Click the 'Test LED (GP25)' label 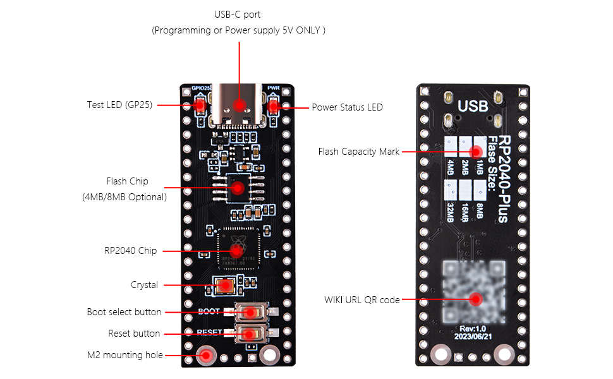(x=119, y=105)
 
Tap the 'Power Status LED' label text (x=347, y=107)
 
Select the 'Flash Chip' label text (x=127, y=181)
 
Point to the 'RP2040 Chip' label (x=130, y=251)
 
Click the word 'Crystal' (x=144, y=285)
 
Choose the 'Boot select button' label (x=124, y=312)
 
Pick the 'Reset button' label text (x=134, y=334)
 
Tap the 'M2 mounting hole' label (x=124, y=355)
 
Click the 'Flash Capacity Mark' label (x=358, y=152)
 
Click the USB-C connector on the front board (x=239, y=105)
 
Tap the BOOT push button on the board (x=251, y=312)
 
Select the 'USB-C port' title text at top (x=238, y=15)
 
